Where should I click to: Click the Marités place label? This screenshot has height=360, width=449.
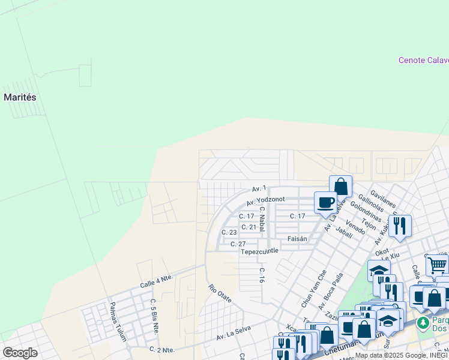(20, 97)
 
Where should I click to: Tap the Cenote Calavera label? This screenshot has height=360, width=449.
(424, 60)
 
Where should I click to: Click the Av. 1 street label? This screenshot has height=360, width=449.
(259, 188)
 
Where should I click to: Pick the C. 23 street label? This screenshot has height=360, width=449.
(229, 232)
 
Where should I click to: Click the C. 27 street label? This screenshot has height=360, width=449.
(238, 244)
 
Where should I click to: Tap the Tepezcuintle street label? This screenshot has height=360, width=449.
(260, 251)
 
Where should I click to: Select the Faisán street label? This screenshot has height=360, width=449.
(297, 239)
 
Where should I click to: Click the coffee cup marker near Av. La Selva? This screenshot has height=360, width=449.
(325, 202)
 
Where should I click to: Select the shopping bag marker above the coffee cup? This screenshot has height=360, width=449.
(340, 186)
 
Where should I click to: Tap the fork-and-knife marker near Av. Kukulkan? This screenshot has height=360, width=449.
(399, 226)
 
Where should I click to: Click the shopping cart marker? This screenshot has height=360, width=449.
(438, 264)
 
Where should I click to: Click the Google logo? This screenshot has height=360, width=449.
(20, 353)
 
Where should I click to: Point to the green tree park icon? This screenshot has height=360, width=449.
(423, 323)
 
